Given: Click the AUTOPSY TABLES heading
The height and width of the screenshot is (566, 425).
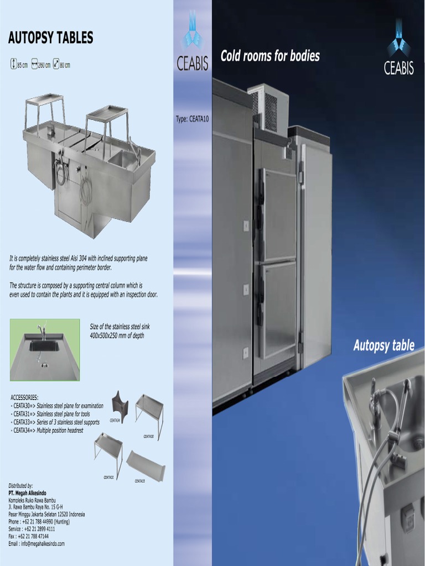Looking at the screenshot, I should [50, 38].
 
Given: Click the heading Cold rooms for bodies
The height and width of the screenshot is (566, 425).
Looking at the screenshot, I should [270, 56].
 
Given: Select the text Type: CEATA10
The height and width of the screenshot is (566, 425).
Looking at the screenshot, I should [192, 118].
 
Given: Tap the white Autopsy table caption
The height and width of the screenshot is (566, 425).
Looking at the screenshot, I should [383, 346].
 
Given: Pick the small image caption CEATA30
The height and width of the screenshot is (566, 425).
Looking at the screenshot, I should [148, 437].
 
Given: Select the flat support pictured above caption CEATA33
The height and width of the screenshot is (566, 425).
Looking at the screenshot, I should [145, 464].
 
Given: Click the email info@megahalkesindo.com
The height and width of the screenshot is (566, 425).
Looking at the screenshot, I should [37, 543].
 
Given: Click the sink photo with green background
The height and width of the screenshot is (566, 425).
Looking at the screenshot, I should [45, 349].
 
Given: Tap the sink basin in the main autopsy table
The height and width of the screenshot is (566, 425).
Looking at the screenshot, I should [123, 159].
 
